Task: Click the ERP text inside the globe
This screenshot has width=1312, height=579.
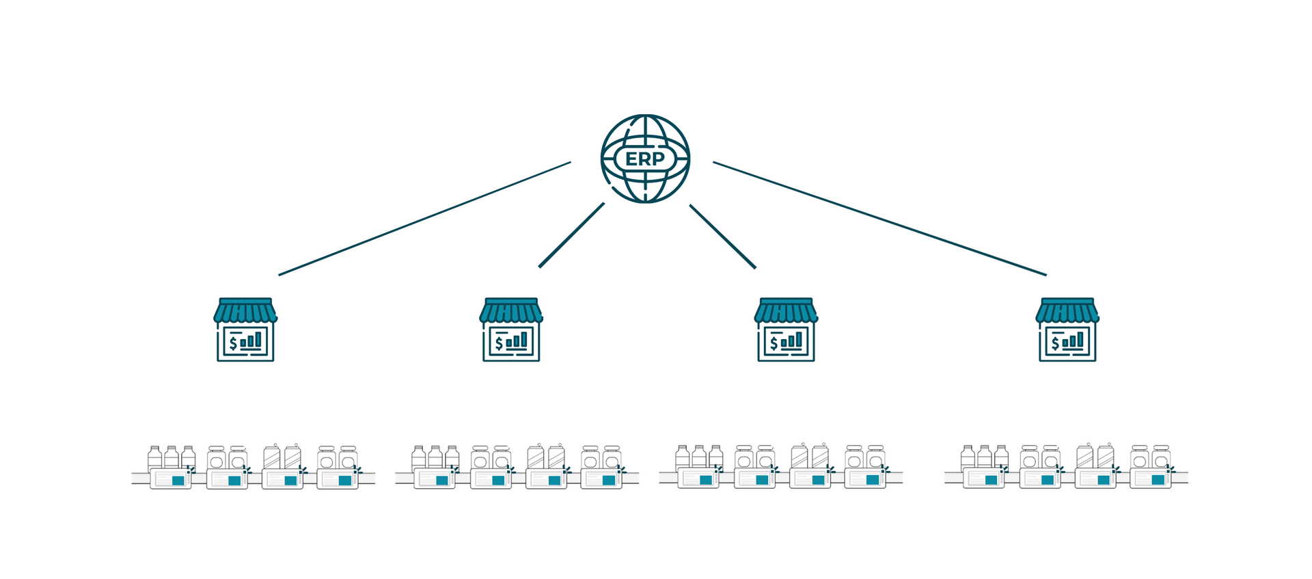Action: click(645, 159)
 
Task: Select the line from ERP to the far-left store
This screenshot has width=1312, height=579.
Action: click(424, 219)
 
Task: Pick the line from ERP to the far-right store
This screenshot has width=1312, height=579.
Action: click(879, 219)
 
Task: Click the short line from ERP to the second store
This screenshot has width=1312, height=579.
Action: click(571, 234)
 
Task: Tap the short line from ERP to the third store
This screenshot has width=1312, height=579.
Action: click(722, 236)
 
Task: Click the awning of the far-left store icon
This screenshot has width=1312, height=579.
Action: click(245, 310)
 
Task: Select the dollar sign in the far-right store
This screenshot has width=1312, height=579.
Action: click(1055, 342)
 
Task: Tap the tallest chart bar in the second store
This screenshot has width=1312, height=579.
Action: click(524, 340)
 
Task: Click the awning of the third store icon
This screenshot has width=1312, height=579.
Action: click(786, 310)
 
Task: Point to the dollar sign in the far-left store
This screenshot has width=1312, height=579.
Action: click(233, 342)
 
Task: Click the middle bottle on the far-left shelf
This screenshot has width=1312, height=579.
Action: click(172, 458)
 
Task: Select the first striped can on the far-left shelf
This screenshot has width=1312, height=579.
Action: click(272, 457)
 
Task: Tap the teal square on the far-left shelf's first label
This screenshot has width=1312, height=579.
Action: click(178, 481)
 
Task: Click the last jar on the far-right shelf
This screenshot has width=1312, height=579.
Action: click(1161, 457)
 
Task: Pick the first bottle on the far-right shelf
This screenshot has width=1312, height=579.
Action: click(968, 458)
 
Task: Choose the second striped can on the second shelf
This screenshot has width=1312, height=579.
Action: click(557, 457)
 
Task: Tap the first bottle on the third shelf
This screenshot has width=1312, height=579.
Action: click(682, 458)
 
